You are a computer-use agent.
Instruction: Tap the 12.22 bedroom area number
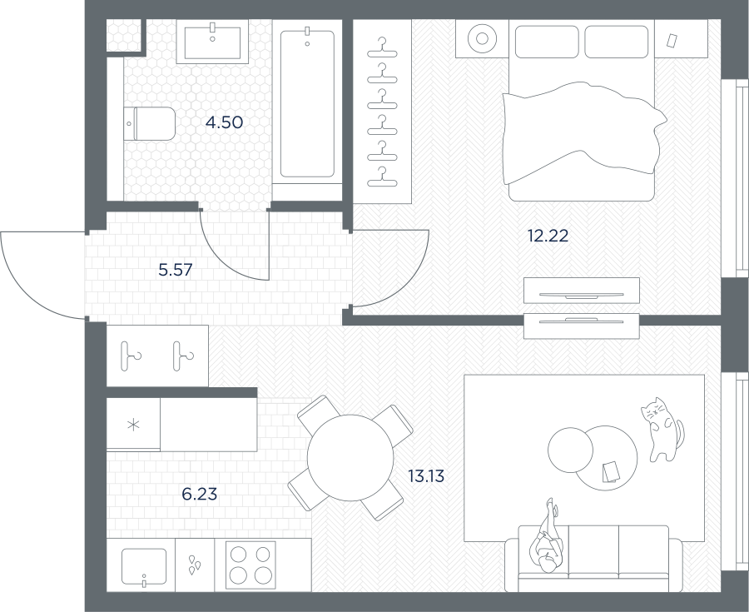click(548, 236)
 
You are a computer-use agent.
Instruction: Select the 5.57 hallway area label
click(176, 271)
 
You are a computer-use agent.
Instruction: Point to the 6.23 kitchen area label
click(200, 494)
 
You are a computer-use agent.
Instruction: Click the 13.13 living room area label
click(426, 475)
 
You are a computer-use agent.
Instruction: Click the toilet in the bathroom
click(150, 124)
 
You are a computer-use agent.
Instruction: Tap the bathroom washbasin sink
click(212, 42)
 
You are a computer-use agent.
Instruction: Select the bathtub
click(307, 104)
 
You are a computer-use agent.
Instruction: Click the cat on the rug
click(662, 429)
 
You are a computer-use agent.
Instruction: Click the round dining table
click(350, 458)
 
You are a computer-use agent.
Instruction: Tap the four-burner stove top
click(250, 565)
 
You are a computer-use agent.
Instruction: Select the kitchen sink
click(144, 566)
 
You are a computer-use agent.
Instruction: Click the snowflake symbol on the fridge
click(133, 425)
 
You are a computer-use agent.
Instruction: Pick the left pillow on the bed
click(547, 42)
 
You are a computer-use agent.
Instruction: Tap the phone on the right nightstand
click(672, 41)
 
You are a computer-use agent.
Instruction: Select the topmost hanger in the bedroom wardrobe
click(382, 48)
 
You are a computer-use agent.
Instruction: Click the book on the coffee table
click(610, 471)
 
